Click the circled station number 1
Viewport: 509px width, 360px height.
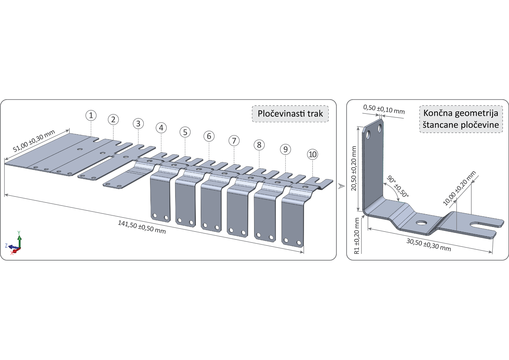pos(91,115)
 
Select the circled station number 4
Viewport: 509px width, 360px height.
pos(161,128)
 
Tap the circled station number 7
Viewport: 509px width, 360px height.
pos(234,141)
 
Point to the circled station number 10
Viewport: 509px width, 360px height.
pos(313,154)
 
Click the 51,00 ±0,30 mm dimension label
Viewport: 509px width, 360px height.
pos(34,141)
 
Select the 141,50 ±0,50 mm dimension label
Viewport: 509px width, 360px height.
pos(142,227)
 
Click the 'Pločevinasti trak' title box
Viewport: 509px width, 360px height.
pos(290,114)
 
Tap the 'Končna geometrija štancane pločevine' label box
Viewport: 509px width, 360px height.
pos(461,119)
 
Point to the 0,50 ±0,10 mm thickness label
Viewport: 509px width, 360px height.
pos(384,109)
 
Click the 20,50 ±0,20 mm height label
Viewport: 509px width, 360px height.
pos(354,168)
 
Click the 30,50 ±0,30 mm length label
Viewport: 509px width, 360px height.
pos(429,245)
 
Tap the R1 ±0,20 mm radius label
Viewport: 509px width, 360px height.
pos(357,236)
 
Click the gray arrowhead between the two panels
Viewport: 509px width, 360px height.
pos(341,186)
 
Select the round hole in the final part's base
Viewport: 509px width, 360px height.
pos(421,223)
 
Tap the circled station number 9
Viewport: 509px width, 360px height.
pos(286,149)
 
